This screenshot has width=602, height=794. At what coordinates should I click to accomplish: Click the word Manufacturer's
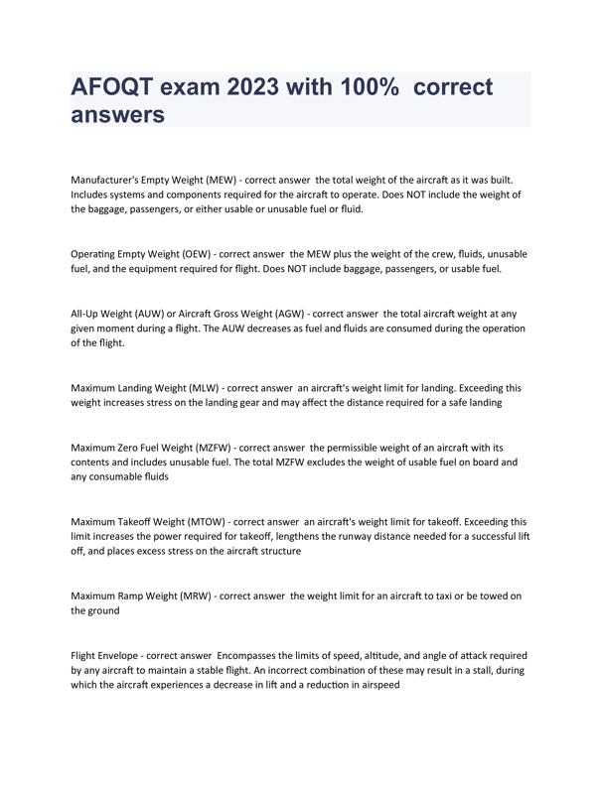pos(110,180)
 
